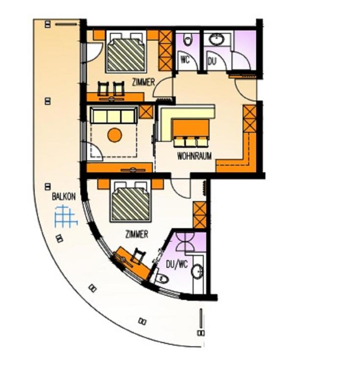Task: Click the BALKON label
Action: tap(64, 197)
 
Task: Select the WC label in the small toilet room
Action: tap(185, 61)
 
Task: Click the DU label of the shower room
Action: tap(212, 61)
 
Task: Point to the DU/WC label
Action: tap(177, 265)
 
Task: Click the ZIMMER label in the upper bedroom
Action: tap(144, 83)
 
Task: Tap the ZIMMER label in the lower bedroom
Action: tap(137, 235)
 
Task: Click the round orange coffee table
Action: tap(115, 135)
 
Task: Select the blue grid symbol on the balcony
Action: tap(66, 217)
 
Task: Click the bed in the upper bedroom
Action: tap(126, 53)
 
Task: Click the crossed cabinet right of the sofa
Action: tap(146, 111)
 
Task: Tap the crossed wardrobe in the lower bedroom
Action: tap(200, 215)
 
